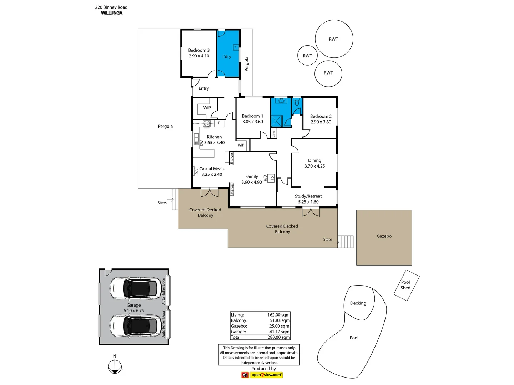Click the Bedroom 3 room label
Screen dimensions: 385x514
pyautogui.click(x=199, y=50)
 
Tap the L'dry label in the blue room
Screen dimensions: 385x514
pyautogui.click(x=227, y=57)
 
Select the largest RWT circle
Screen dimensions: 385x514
pyautogui.click(x=334, y=39)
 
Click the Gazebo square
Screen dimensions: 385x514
pyautogui.click(x=384, y=237)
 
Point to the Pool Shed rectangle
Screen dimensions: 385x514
pyautogui.click(x=406, y=285)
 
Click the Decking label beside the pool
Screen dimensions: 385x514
pyautogui.click(x=358, y=303)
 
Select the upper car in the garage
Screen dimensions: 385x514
pyautogui.click(x=136, y=288)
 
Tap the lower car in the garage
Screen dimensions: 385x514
pyautogui.click(x=136, y=325)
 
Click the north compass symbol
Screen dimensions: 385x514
pyautogui.click(x=115, y=367)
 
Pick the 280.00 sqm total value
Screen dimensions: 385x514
pyautogui.click(x=278, y=337)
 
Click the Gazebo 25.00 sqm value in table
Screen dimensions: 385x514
pyautogui.click(x=279, y=326)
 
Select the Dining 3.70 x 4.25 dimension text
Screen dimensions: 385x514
pyautogui.click(x=314, y=166)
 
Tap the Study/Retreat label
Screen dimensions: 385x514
pyautogui.click(x=308, y=196)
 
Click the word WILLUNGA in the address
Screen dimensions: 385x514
pyautogui.click(x=112, y=13)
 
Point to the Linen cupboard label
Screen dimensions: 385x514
pyautogui.click(x=274, y=133)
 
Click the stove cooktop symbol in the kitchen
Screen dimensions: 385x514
pyautogui.click(x=207, y=124)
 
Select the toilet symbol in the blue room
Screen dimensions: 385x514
pyautogui.click(x=297, y=103)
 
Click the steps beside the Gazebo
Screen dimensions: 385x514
pyautogui.click(x=346, y=242)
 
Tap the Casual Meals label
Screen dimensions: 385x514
pyautogui.click(x=212, y=169)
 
